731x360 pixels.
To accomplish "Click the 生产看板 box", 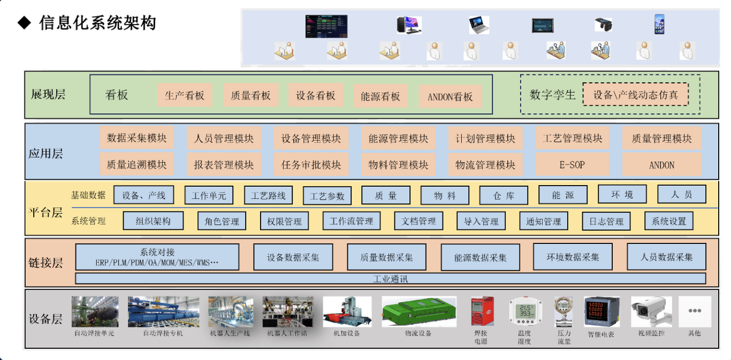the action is click(x=185, y=95).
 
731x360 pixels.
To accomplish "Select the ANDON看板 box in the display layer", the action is click(x=450, y=96).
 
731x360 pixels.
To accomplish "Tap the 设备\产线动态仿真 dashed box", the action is click(x=635, y=95).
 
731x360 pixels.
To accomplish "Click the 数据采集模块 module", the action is click(x=137, y=138).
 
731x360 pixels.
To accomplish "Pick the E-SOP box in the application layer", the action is click(x=572, y=165).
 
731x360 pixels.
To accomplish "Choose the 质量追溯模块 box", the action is click(x=137, y=164).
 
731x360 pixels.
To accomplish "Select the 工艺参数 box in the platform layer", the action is click(x=327, y=196).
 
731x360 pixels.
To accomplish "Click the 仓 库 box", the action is click(x=504, y=195).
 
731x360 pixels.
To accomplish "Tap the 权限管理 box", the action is click(x=284, y=221).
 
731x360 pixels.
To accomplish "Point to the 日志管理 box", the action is click(x=606, y=221).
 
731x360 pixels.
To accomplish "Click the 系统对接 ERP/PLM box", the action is click(x=157, y=257).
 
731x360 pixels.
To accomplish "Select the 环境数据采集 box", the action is click(x=573, y=257).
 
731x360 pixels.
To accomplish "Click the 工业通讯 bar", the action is click(x=390, y=279).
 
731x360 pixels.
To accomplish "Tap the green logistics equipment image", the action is click(x=419, y=312).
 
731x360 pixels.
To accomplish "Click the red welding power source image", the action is click(x=482, y=311).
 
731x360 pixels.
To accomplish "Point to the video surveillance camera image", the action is click(x=651, y=311).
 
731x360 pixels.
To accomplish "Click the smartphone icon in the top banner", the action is click(x=659, y=24).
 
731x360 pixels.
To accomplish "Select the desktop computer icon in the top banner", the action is click(x=409, y=25).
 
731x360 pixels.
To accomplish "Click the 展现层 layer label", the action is click(x=48, y=94).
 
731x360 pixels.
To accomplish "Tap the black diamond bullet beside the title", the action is click(x=24, y=23).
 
